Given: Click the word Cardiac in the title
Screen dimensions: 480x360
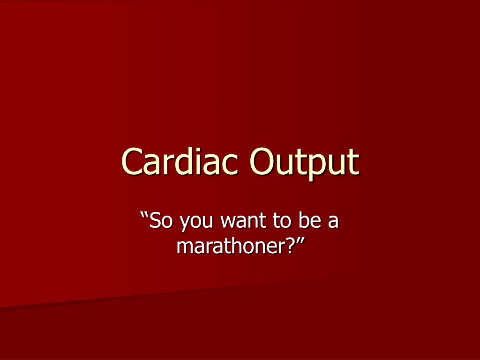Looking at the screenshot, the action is click(180, 161).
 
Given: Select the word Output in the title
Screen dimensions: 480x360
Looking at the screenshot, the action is click(305, 164).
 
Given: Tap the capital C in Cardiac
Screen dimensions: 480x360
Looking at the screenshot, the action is click(132, 162).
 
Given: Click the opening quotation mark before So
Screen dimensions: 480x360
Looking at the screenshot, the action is click(144, 215).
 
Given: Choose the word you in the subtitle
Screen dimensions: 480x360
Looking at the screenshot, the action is click(196, 223).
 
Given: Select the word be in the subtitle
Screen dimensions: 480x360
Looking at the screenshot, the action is click(310, 220).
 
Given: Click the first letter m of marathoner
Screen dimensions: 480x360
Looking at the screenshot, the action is click(185, 247).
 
